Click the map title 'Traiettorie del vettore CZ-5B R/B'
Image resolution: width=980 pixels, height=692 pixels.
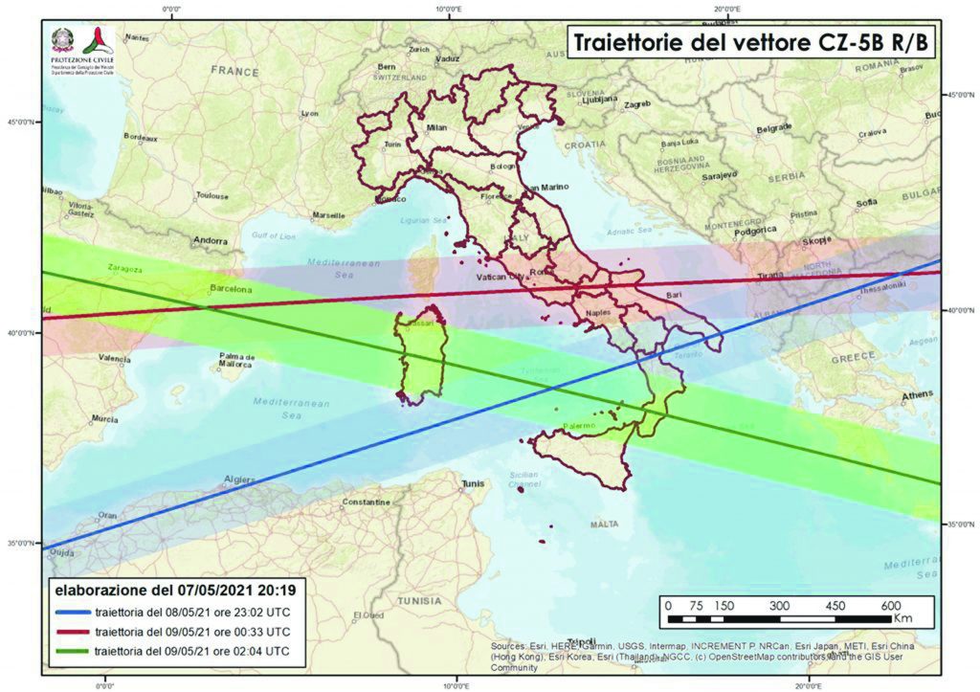click(x=750, y=43)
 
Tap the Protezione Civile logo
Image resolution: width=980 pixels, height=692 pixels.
click(x=82, y=46)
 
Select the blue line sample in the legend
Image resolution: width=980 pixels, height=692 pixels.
click(x=75, y=611)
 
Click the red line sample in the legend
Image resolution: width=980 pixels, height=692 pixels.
click(x=75, y=633)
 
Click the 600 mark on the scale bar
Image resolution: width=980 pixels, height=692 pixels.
click(x=890, y=605)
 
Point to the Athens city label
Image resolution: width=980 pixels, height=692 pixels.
click(x=916, y=395)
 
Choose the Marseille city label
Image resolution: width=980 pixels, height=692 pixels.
click(x=327, y=215)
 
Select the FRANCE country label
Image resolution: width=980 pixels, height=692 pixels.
click(x=234, y=71)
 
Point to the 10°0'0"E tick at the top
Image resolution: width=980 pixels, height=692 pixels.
click(x=448, y=8)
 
